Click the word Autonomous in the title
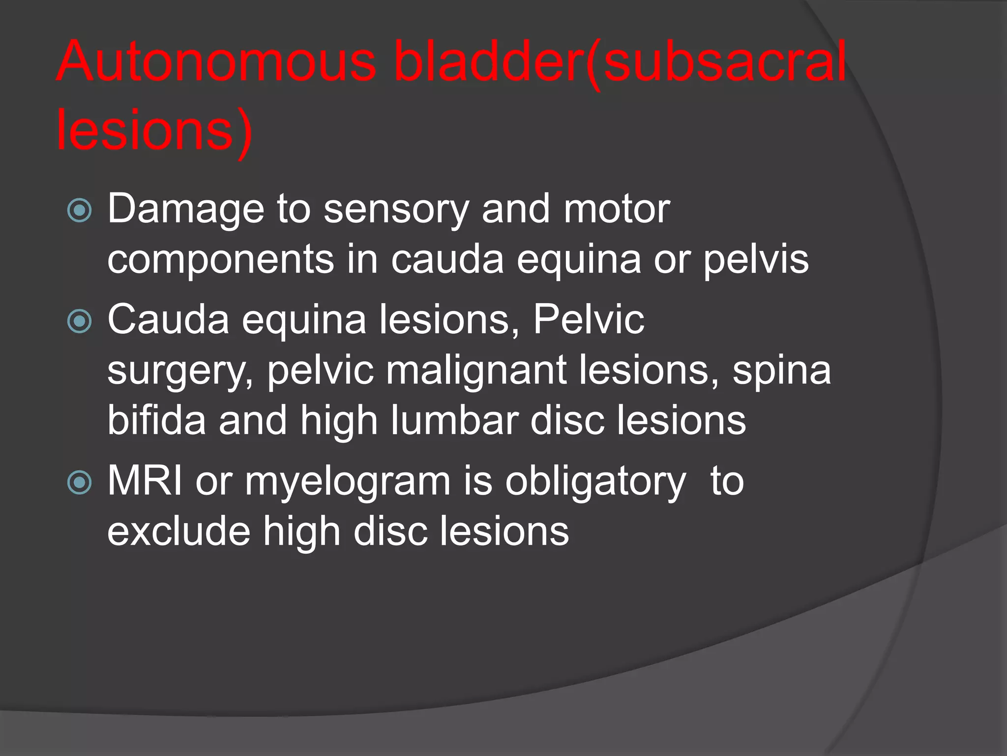[x=216, y=62]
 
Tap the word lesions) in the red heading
[x=154, y=130]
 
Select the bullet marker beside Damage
[x=79, y=211]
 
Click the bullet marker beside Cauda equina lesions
[x=79, y=321]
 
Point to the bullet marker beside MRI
[x=79, y=482]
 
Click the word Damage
[x=185, y=210]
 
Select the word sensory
[x=396, y=210]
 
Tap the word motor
[x=617, y=210]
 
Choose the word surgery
[x=180, y=372]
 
